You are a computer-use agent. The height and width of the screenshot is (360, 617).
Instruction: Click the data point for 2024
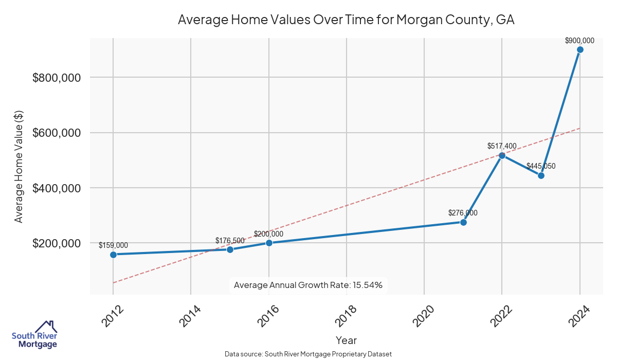pyautogui.click(x=580, y=50)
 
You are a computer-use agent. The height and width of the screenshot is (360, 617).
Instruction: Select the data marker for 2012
pyautogui.click(x=113, y=255)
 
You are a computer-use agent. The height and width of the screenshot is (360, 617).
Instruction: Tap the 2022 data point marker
pyautogui.click(x=502, y=155)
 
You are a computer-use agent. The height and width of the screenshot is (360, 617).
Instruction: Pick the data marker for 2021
pyautogui.click(x=463, y=222)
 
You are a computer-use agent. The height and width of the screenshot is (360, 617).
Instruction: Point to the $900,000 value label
pyautogui.click(x=579, y=41)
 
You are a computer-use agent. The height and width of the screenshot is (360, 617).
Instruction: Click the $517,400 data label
pyautogui.click(x=502, y=146)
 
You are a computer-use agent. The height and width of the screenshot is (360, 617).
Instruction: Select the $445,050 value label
pyautogui.click(x=541, y=166)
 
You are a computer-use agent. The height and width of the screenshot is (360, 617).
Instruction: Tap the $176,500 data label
pyautogui.click(x=230, y=240)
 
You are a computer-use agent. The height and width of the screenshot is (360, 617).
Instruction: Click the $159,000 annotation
pyautogui.click(x=113, y=245)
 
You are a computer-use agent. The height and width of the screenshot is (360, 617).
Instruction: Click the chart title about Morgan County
pyautogui.click(x=346, y=20)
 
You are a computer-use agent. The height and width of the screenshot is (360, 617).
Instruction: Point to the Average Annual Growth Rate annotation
pyautogui.click(x=308, y=285)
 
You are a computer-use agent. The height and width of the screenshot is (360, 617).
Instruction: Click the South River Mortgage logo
pyautogui.click(x=34, y=335)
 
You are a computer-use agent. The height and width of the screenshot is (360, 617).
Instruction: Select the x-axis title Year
pyautogui.click(x=346, y=340)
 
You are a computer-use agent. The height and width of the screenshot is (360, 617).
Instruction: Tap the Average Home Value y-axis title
pyautogui.click(x=19, y=166)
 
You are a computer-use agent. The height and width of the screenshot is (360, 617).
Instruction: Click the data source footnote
pyautogui.click(x=308, y=354)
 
